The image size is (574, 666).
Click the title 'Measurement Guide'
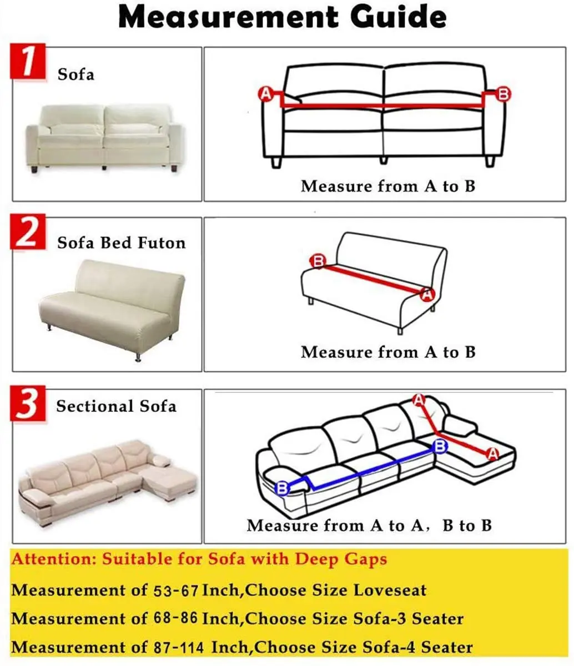[x=282, y=18]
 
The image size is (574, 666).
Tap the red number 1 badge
[x=27, y=63]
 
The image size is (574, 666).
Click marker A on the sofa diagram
[x=265, y=94]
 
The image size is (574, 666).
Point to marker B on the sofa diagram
[x=503, y=94]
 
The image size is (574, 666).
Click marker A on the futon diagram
[x=427, y=295]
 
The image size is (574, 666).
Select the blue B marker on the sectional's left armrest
[x=283, y=488]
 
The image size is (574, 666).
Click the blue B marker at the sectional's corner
[x=440, y=446]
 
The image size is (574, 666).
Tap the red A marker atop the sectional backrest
[x=420, y=400]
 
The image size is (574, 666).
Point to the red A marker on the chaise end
[x=492, y=454]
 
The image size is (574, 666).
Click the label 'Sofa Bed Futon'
[x=121, y=243]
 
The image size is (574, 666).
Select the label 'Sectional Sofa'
[x=116, y=406]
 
